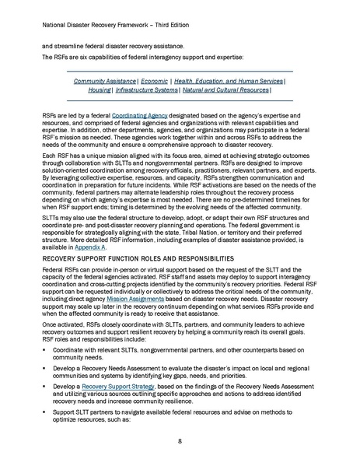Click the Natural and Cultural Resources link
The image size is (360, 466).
[240, 90]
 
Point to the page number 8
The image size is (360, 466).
[180, 440]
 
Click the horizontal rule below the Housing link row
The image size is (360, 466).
[180, 100]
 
